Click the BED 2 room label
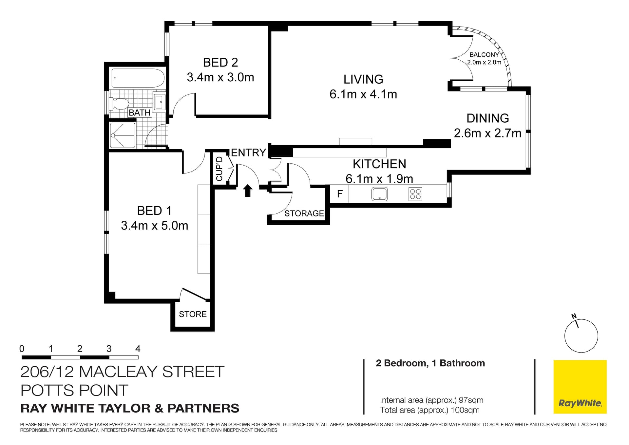(220, 62)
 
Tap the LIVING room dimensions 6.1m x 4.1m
(363, 94)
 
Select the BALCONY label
(484, 55)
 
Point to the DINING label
(488, 118)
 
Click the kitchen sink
(379, 194)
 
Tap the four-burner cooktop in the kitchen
(415, 194)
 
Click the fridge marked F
(340, 194)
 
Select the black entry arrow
(248, 191)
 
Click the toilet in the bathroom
(119, 104)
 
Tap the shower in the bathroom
(122, 135)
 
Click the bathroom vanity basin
(160, 102)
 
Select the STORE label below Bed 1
(193, 314)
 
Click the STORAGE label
(304, 213)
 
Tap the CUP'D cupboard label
(219, 169)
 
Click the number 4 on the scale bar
(138, 349)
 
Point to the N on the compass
(574, 316)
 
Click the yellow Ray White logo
(580, 387)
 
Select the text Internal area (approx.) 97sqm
(431, 400)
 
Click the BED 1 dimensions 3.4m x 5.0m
(155, 226)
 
